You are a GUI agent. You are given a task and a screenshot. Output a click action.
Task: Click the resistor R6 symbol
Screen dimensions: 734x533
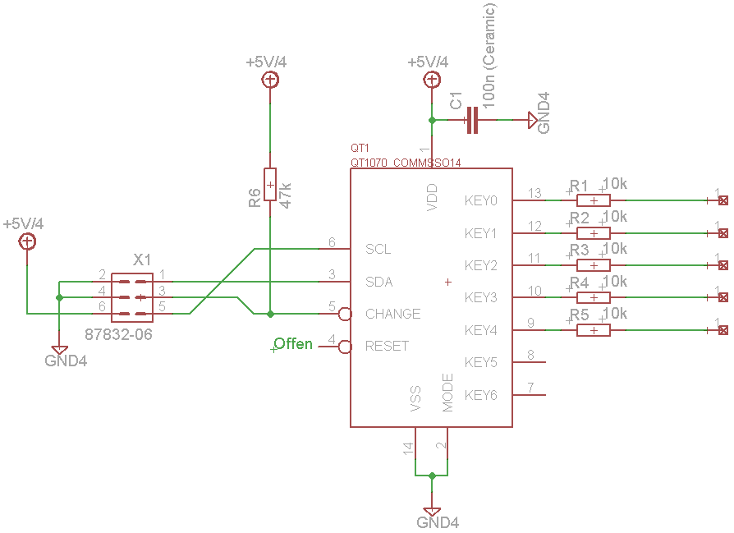click(x=270, y=185)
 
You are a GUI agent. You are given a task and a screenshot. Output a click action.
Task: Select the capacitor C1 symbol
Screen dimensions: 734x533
click(x=472, y=121)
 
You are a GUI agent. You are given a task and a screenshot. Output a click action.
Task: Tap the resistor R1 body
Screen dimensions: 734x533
click(x=594, y=200)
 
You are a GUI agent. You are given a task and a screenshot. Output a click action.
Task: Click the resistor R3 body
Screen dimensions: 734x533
click(x=594, y=265)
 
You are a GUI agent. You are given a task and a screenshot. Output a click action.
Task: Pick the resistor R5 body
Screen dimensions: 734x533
click(x=594, y=330)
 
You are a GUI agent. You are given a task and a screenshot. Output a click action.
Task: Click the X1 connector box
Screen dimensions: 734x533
click(x=132, y=297)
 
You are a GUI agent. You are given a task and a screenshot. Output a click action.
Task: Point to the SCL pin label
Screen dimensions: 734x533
click(x=378, y=249)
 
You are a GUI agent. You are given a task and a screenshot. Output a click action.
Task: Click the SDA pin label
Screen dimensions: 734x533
click(x=378, y=282)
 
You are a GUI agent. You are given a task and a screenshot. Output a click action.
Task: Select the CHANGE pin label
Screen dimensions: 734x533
click(x=392, y=314)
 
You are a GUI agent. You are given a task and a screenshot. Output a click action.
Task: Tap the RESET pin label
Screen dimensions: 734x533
click(x=387, y=346)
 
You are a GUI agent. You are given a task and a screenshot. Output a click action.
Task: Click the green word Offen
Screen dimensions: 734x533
click(x=293, y=344)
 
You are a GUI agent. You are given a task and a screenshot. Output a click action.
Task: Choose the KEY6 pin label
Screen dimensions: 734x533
click(x=481, y=395)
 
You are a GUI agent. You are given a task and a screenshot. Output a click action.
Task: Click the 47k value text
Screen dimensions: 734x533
click(x=285, y=195)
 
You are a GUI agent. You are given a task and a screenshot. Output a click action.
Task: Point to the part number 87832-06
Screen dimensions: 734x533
click(x=118, y=334)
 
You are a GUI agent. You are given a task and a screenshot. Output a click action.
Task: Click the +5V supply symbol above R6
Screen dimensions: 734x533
click(x=270, y=80)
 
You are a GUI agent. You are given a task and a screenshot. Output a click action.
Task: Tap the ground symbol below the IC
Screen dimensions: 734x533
click(x=432, y=512)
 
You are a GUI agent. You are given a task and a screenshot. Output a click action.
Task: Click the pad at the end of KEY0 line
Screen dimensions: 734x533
click(x=723, y=200)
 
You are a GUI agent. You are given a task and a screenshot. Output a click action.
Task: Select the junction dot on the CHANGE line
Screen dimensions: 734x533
click(x=270, y=314)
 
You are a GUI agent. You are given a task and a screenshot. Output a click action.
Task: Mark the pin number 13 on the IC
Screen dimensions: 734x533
click(x=534, y=193)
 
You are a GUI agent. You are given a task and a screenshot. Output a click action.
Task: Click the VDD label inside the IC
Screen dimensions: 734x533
click(x=432, y=197)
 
